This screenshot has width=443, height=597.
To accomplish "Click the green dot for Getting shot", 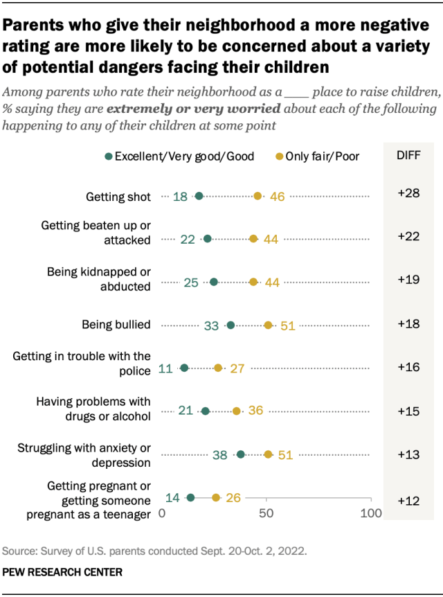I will point(199,197).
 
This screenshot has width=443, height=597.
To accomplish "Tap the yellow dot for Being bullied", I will point(269,325).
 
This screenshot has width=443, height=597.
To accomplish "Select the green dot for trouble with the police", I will point(184,368).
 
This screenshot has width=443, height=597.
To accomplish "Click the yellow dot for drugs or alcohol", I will point(237,411).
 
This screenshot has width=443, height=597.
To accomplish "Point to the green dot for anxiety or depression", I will point(241,454).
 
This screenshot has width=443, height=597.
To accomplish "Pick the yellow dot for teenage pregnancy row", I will point(216,497).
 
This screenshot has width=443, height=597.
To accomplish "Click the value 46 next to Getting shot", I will point(277,197).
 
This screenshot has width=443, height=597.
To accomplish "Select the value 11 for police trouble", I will point(165,368).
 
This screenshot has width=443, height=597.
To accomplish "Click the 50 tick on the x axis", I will point(266,514).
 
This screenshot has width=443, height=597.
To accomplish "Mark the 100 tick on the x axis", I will point(371,514).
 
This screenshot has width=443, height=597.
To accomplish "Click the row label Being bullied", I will point(116,325).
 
